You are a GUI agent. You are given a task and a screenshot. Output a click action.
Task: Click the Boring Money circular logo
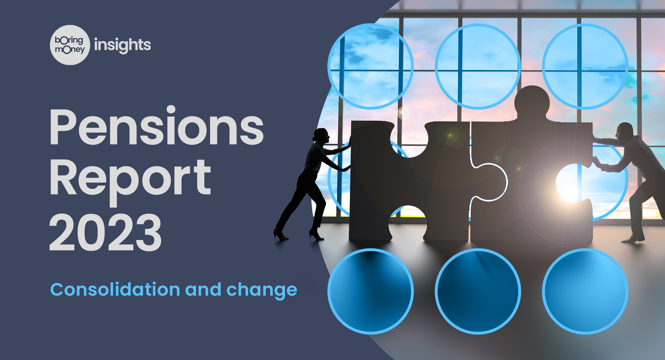click(x=70, y=45)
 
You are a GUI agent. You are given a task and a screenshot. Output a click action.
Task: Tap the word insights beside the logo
click(x=122, y=45)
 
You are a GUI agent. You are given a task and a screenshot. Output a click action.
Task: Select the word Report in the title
click(x=130, y=178)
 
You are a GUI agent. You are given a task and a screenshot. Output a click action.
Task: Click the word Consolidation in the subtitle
click(x=115, y=289)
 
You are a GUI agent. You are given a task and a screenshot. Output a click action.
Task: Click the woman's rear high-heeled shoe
click(x=280, y=235)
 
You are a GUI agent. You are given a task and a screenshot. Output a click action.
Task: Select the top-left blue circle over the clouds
click(x=370, y=66)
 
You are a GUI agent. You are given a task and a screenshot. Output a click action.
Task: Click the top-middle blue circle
click(x=478, y=66)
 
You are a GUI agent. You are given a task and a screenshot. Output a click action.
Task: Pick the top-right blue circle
click(x=585, y=66)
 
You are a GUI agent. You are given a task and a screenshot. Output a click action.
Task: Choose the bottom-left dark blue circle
click(x=370, y=291)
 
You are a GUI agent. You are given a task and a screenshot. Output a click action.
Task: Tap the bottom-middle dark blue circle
click(x=478, y=291)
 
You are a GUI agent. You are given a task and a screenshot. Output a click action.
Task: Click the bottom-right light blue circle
click(x=585, y=291)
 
